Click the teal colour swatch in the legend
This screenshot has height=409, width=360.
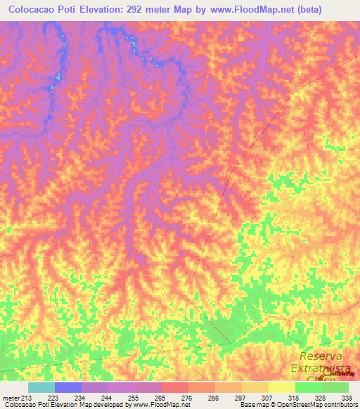[x=41, y=387]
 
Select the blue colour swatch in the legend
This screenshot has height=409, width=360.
[x=68, y=387]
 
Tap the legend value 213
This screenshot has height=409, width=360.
[x=27, y=398]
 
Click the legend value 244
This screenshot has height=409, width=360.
[x=108, y=398]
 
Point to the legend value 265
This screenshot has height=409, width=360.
[x=161, y=398]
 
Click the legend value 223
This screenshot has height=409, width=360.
[x=54, y=398]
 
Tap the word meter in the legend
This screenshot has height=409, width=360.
[x=11, y=398]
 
